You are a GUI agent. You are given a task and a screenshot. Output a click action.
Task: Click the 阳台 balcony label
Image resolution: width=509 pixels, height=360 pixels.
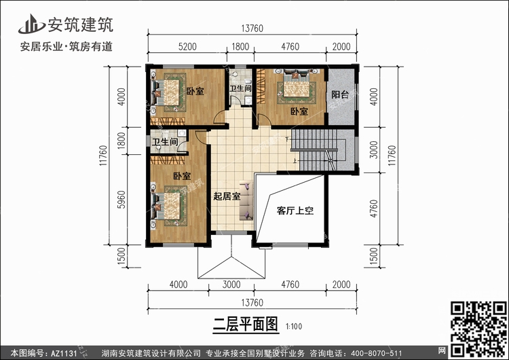(x=340, y=94)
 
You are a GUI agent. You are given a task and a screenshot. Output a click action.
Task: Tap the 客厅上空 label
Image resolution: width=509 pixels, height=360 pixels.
(x=295, y=211)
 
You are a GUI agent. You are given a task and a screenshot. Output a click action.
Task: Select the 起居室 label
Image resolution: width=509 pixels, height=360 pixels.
(x=227, y=196)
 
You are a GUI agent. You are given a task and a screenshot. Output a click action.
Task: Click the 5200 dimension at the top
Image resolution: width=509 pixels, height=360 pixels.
(x=187, y=47)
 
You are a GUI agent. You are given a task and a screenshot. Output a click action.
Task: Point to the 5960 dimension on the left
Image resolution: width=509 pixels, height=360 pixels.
(x=121, y=200)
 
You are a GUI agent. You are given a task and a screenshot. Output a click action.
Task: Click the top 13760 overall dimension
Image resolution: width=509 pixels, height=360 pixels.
(x=252, y=29)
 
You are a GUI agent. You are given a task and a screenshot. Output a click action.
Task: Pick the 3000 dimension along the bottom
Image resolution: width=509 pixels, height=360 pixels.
(x=231, y=285)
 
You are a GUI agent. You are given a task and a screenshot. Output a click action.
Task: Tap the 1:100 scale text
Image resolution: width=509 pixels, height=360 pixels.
(x=294, y=326)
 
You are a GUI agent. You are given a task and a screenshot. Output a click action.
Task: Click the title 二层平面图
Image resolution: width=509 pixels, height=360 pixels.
(x=246, y=324)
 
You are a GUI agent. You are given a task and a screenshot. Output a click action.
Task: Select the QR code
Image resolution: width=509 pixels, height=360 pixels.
(x=478, y=329)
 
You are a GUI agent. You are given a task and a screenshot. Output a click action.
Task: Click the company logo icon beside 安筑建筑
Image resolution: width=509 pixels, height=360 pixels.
(x=31, y=24)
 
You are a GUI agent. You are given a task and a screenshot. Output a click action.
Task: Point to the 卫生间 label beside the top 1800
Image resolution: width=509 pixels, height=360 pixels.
(x=240, y=88)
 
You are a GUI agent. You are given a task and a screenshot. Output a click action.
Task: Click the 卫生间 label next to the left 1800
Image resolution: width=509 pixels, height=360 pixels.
(x=165, y=142)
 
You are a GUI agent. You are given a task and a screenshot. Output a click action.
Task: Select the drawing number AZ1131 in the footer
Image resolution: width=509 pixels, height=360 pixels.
(x=64, y=353)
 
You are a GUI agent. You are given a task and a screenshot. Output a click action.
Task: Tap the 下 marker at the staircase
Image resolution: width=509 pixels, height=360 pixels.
(x=287, y=140)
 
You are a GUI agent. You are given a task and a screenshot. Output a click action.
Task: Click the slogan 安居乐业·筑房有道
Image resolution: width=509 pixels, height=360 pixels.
(x=67, y=46)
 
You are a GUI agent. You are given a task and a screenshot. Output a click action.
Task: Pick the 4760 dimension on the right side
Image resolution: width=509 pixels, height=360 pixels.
(x=374, y=209)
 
